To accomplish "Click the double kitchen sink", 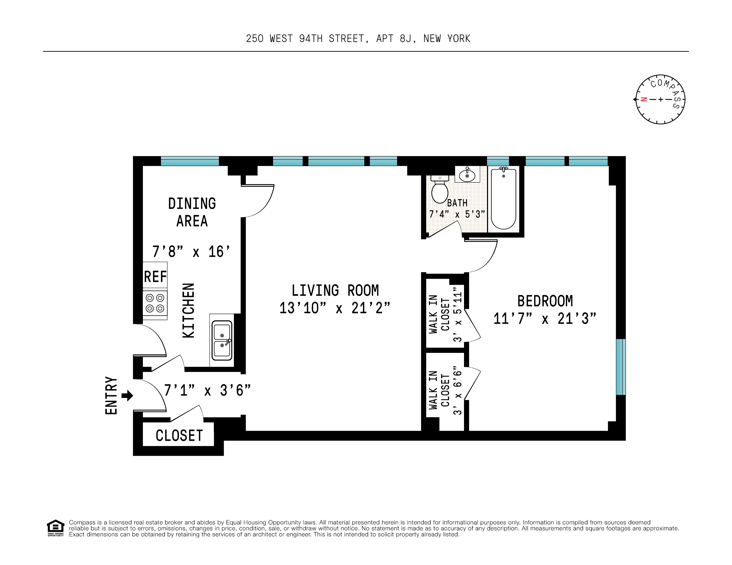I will point(222,340).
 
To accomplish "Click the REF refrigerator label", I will point(155,277).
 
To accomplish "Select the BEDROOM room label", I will point(545,301).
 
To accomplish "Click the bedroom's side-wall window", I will point(621,367).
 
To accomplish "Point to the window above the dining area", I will point(190,161).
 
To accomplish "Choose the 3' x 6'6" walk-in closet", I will point(444,391).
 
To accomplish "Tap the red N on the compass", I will point(644,99).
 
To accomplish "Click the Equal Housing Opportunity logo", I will point(55,528).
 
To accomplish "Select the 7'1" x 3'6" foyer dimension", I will point(207,391).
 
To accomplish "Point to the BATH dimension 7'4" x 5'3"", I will point(457,214).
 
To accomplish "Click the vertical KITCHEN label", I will point(188,310).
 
